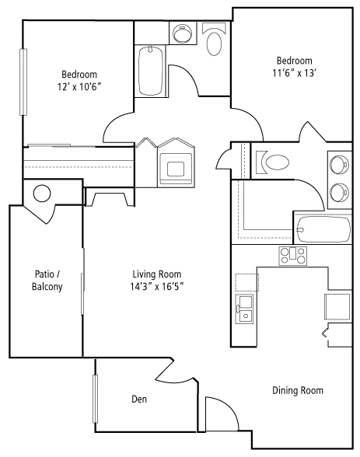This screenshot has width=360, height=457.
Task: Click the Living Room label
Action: pos(157,274)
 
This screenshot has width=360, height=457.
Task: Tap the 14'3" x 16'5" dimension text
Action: pos(157,287)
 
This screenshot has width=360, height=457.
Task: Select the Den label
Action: pos(139,399)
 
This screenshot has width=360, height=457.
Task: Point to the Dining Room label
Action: pos(298,390)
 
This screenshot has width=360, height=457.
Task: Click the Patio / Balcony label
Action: pos(47,281)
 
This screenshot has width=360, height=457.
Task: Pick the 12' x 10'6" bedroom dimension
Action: pos(79,86)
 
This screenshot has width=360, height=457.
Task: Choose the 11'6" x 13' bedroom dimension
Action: pos(295,73)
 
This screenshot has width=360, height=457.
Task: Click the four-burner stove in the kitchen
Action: pos(293,256)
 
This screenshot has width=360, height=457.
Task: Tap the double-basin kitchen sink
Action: pos(244,309)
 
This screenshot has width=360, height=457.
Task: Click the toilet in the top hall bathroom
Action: pos(215,40)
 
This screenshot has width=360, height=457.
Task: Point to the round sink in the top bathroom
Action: pos(182,33)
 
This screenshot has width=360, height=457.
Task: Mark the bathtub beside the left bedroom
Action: pos(151,71)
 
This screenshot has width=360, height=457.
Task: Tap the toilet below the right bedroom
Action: pos(273,162)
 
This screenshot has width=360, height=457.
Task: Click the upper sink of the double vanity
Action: pos(339,164)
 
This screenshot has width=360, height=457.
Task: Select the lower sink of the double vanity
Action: pos(339,193)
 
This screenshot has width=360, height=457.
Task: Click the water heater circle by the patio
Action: pos(42,194)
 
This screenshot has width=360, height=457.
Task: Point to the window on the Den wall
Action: pos(95,399)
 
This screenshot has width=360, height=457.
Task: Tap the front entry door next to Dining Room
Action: pos(222,413)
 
